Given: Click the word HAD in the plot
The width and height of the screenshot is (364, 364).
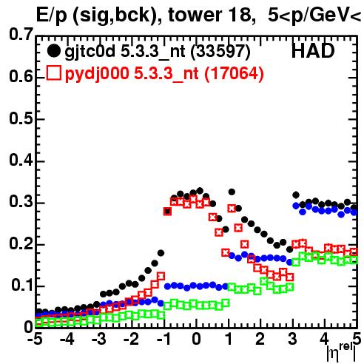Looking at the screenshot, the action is point(313,51).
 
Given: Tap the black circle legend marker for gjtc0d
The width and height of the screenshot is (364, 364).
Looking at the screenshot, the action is point(53,51).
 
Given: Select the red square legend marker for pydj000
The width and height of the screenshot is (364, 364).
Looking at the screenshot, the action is point(54,73).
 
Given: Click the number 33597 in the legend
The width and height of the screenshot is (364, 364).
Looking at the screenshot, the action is point(220,51).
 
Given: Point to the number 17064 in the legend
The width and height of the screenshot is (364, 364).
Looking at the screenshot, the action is point(234,73).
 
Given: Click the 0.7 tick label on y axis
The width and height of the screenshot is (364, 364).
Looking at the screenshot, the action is point(21,34).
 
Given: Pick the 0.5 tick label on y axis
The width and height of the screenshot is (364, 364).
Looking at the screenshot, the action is point(21,118).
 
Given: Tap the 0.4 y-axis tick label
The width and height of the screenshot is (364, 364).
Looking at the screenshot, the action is point(21,161).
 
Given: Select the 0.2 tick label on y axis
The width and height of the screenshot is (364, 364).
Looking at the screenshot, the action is point(21,244).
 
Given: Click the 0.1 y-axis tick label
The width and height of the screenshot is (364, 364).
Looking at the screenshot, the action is point(22,286).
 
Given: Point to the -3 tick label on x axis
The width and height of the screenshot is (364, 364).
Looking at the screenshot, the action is point(100,339).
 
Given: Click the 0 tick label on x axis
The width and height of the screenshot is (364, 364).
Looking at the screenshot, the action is point(196,339).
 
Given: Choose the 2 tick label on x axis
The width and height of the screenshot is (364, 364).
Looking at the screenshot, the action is point(260,339).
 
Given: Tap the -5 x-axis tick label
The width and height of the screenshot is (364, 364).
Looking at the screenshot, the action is point(36,339).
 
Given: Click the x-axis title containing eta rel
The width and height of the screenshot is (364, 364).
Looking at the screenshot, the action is point(342,352).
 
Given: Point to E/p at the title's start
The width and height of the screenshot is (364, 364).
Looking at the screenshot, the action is point(52,16).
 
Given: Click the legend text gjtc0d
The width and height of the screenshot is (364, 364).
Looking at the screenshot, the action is point(90,52).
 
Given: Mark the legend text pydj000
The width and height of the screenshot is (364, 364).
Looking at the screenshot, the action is point(97,74).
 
